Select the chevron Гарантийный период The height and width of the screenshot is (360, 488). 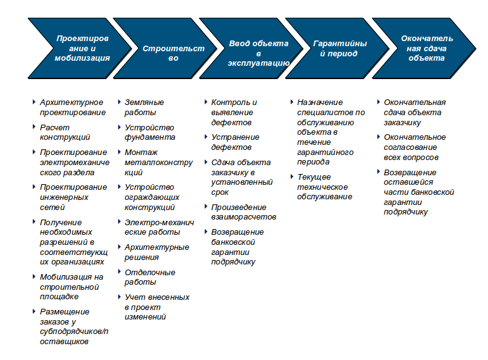pos(339,48)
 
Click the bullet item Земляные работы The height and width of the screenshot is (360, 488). pos(144,107)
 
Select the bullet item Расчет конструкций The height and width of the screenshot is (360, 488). pos(64,132)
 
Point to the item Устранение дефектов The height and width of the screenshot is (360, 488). pos(235,142)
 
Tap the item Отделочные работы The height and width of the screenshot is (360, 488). pos(150,277)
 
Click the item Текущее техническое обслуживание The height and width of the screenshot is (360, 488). pos(325,187)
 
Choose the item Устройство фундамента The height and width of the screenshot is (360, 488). pos(150,132)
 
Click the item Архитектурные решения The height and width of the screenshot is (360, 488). pos(157,252)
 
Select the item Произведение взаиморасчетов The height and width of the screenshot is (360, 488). pos(243,212)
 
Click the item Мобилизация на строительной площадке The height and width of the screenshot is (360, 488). pos(71,287)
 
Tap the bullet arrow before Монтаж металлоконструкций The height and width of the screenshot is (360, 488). pos(119,152)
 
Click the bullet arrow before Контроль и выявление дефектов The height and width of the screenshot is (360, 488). pos(205,102)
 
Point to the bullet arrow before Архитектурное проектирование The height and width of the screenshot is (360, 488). pos(34,102)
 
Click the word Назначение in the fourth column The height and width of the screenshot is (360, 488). pos(320,102)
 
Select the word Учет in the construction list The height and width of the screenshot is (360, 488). pos(133,297)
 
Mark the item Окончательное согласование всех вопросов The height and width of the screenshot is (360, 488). pos(415,147)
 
